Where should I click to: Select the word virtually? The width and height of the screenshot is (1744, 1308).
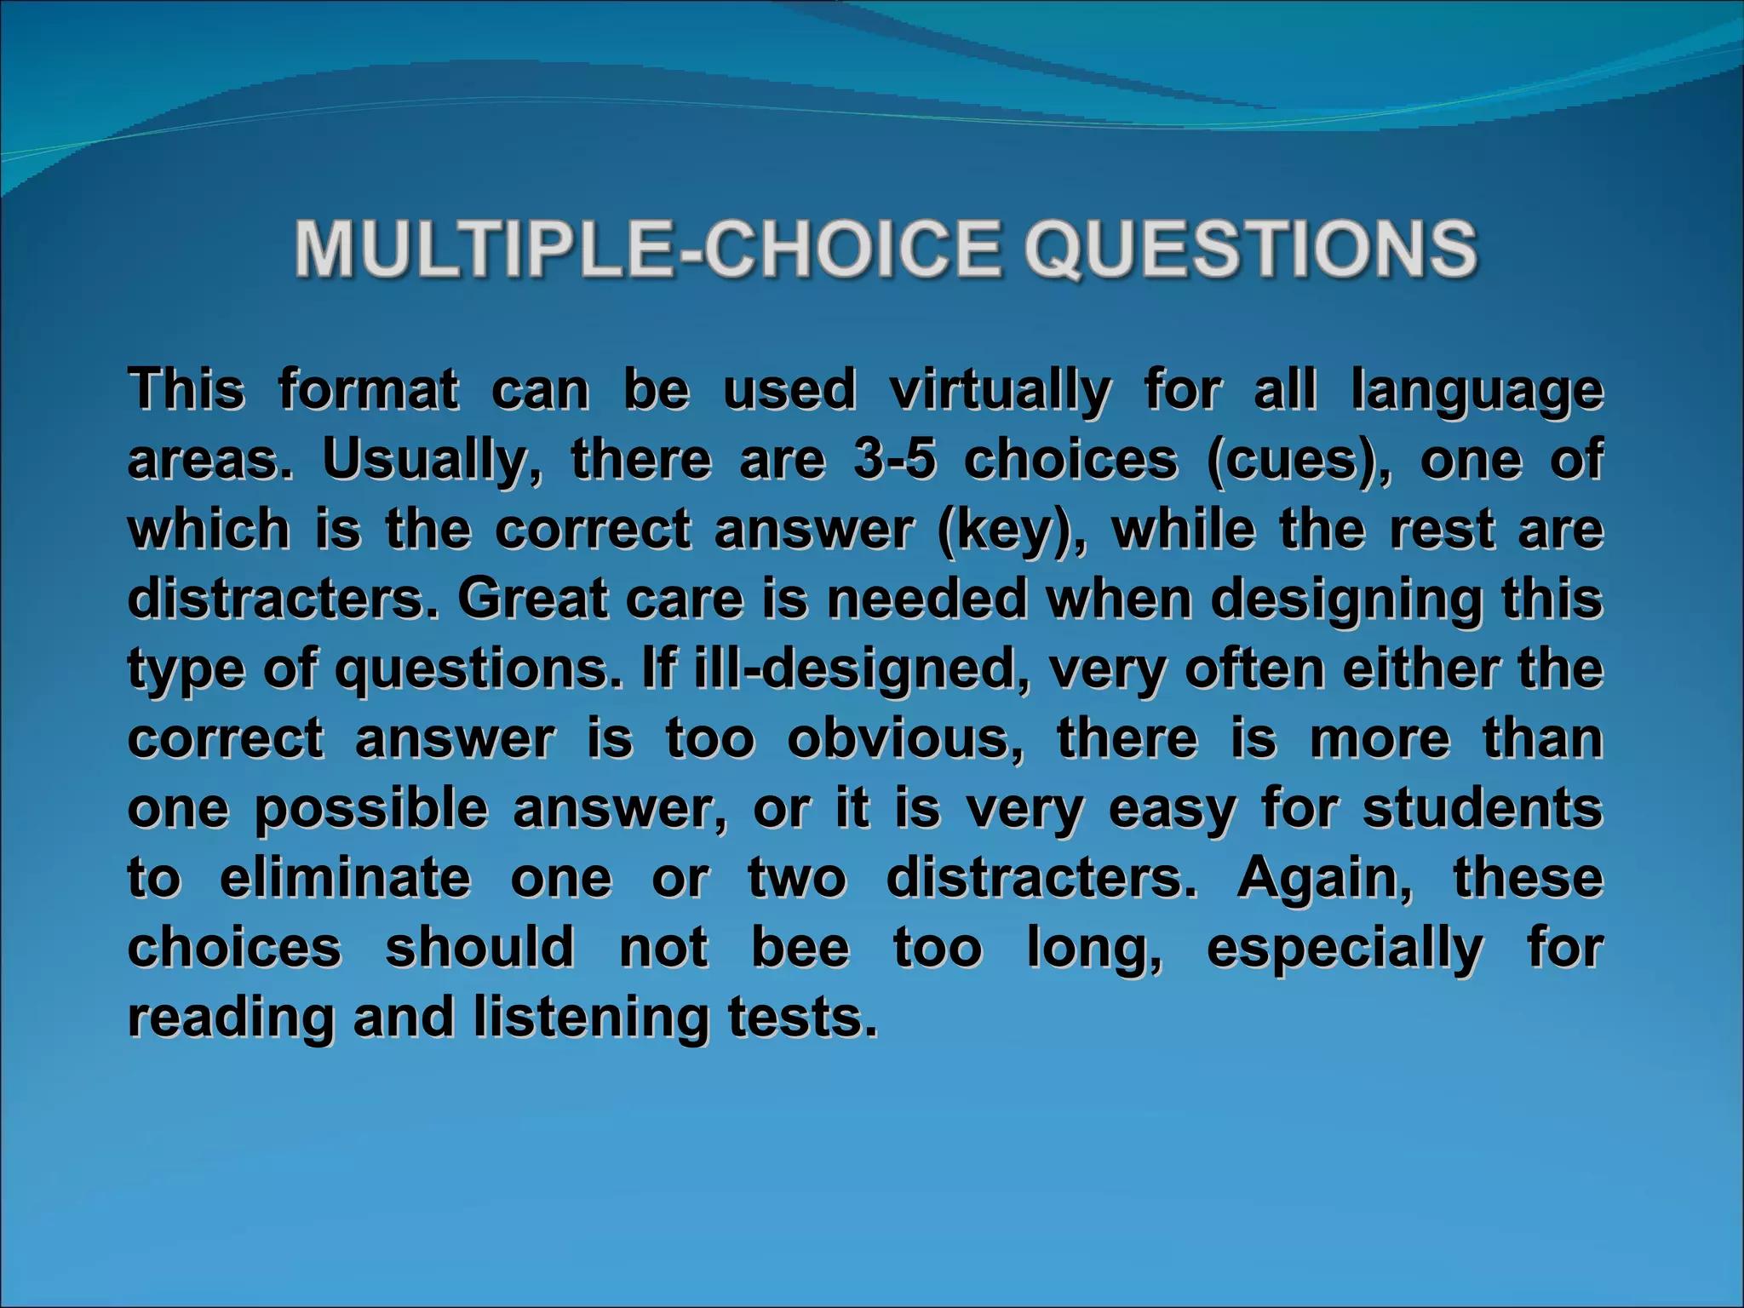coord(1000,392)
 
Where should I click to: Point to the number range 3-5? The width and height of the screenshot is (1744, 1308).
coord(894,460)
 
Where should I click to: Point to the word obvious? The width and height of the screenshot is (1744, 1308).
coord(905,738)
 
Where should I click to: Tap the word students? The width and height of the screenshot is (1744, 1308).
coord(1483,808)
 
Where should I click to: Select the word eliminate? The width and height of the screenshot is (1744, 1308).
coord(345,878)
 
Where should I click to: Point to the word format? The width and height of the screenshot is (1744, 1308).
coord(368,391)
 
